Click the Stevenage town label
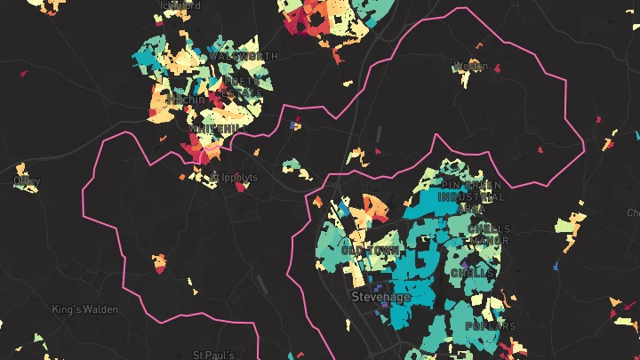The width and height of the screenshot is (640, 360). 381,297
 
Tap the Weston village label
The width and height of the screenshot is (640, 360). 470,66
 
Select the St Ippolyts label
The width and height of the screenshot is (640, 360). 233,178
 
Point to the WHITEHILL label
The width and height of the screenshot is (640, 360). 217,129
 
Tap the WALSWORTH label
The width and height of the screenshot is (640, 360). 244,57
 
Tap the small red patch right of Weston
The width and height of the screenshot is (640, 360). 497,68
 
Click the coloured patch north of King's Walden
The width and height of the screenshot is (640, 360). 159,263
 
